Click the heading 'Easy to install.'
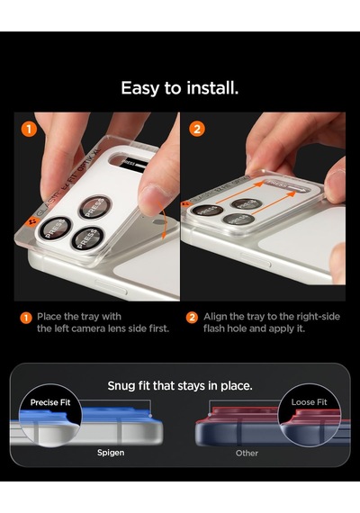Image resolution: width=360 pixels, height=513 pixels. (180, 88)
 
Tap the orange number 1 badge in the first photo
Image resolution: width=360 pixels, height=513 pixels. (29, 130)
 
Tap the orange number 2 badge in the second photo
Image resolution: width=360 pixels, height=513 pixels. (197, 130)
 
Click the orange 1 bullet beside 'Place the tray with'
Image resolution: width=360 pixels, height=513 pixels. (26, 318)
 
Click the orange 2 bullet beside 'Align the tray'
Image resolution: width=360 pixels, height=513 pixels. (192, 318)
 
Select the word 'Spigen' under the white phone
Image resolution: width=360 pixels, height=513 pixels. (111, 453)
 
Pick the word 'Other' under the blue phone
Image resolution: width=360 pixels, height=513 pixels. (247, 453)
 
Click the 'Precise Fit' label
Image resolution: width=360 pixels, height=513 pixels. (50, 402)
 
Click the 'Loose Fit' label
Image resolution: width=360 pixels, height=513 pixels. (309, 402)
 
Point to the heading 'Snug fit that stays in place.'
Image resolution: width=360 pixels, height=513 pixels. (180, 386)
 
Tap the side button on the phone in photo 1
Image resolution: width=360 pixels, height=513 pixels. (111, 287)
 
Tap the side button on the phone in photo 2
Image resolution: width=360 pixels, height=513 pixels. (256, 259)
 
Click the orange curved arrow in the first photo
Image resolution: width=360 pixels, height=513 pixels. (163, 220)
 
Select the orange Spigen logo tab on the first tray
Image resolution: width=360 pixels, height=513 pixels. (32, 222)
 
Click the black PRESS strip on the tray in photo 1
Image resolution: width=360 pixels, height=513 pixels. (133, 164)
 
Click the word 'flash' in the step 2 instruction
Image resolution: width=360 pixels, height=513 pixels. (213, 328)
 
